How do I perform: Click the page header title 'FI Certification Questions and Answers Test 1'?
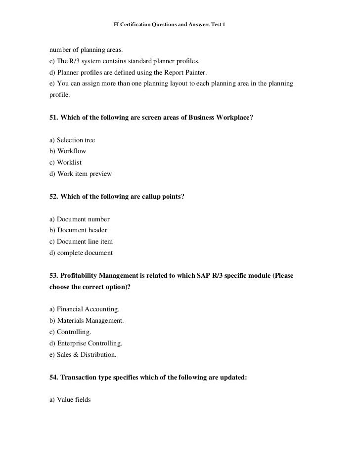coord(169,24)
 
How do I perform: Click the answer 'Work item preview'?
coord(84,173)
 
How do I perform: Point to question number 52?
coord(53,197)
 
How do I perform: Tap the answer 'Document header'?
coord(82,230)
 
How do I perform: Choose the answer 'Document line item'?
coord(85,242)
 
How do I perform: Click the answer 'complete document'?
coord(85,253)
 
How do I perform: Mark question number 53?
coord(53,275)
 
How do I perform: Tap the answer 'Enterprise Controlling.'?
coord(90,343)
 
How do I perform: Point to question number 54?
coord(53,378)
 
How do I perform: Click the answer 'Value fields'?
coord(74,400)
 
